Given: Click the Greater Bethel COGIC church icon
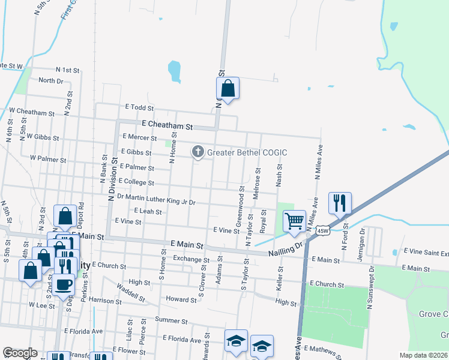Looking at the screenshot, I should coord(197,152).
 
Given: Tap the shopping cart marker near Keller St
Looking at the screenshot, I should coord(294,220).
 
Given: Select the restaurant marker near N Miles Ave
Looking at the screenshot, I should coord(340,203).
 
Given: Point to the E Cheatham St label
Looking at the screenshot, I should coord(167,127).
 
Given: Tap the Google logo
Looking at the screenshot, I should coord(20,353).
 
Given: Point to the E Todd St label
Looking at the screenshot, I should coord(139,107).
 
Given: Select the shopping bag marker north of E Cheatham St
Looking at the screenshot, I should coord(228,88).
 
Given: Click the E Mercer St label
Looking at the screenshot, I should coord(139,137).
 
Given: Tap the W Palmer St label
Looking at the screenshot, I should coord(47,158).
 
